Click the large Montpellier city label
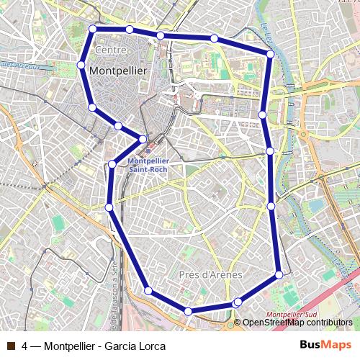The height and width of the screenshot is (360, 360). [117, 71]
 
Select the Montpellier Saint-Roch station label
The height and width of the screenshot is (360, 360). [148, 166]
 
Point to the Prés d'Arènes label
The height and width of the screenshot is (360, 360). [210, 275]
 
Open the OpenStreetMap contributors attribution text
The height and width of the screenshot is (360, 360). [297, 323]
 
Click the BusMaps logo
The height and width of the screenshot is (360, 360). [325, 345]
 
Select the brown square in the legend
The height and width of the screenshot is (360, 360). [11, 346]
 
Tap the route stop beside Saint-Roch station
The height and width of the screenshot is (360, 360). [143, 139]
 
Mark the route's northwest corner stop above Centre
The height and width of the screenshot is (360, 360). [92, 29]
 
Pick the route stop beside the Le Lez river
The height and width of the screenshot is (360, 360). [270, 53]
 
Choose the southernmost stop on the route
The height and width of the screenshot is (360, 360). [188, 311]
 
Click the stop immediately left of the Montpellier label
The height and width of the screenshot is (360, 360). [81, 65]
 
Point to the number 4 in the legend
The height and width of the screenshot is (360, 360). [25, 346]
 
